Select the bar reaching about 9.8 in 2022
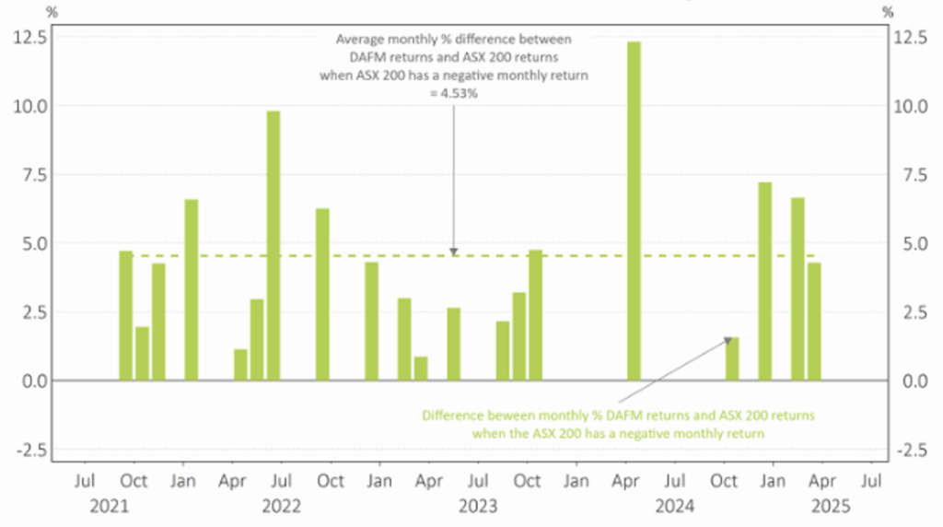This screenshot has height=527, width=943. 273,245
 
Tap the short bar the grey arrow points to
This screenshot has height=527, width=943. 732,358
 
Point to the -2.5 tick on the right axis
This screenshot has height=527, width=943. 913,449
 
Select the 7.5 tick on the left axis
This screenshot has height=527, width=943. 29,174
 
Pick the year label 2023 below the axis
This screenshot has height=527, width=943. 477,506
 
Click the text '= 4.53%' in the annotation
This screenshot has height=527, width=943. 453,92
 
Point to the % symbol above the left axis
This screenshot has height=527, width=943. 52,12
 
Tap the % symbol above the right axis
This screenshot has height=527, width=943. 887,12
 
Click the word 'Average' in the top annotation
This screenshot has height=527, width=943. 358,40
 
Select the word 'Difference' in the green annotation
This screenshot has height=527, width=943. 453,416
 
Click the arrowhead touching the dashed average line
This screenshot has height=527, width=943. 453,251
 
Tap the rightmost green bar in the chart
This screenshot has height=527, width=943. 814,322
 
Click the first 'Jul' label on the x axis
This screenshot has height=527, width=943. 85,481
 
